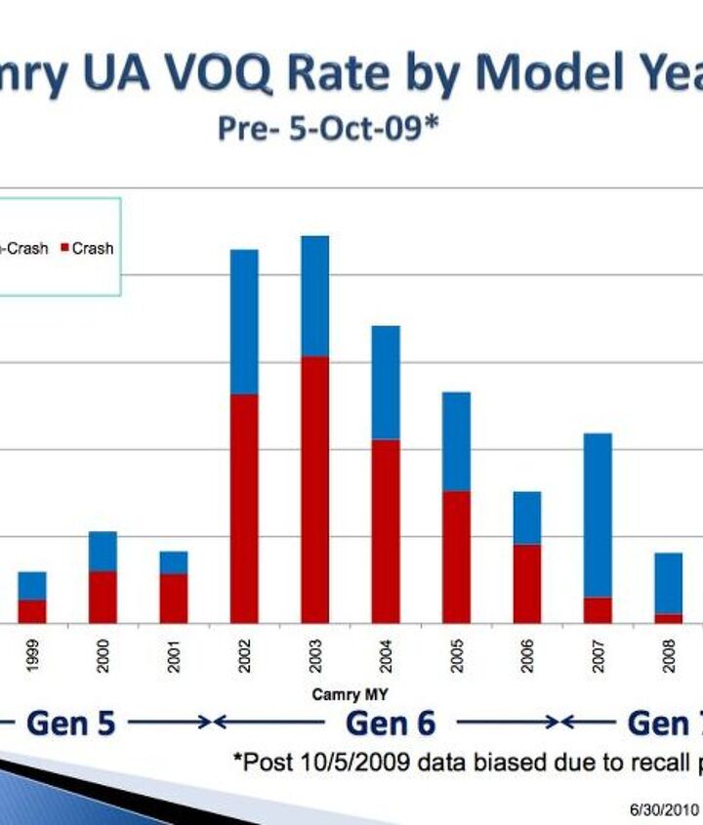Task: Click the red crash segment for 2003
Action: [314, 489]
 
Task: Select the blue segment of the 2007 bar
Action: [598, 515]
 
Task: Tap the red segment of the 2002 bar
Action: [244, 508]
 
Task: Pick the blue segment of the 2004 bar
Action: [386, 382]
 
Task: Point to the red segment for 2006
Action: [527, 583]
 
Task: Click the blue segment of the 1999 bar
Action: [32, 586]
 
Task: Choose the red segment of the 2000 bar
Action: [103, 597]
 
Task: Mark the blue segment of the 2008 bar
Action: [669, 583]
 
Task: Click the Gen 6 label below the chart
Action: [391, 723]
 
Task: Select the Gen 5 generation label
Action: [70, 723]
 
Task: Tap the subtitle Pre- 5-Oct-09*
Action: [327, 129]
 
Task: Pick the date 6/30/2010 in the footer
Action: [664, 808]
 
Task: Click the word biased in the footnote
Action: [458, 763]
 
